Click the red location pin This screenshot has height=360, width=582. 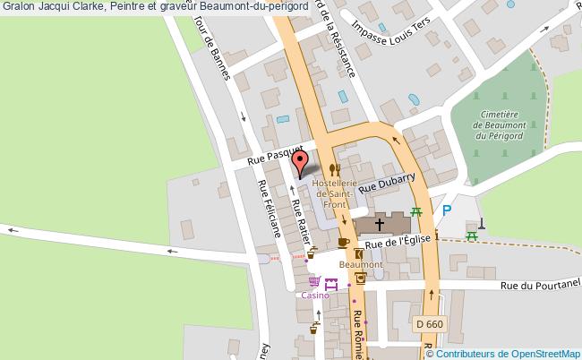[x=301, y=162]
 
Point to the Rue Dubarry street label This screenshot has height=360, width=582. [x=388, y=184]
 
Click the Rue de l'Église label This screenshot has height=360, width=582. [x=399, y=241]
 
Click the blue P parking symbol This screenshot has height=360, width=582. [x=447, y=211]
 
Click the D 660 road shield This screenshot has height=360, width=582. [x=430, y=322]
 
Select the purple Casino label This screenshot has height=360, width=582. [x=314, y=295]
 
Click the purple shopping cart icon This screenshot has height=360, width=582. [x=314, y=282]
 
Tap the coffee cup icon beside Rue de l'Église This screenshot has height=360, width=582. [x=344, y=242]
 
